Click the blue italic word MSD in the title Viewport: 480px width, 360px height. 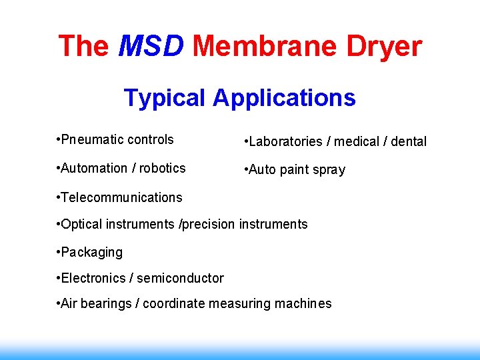151,47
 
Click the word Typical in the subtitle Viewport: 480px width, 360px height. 165,98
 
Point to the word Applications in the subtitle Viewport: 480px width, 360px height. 285,98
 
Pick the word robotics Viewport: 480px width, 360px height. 162,168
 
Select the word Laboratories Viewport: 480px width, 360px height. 287,141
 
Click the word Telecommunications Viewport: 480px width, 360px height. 121,197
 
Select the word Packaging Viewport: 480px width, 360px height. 91,252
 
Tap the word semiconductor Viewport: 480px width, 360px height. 181,278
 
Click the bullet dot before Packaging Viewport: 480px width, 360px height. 59,252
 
